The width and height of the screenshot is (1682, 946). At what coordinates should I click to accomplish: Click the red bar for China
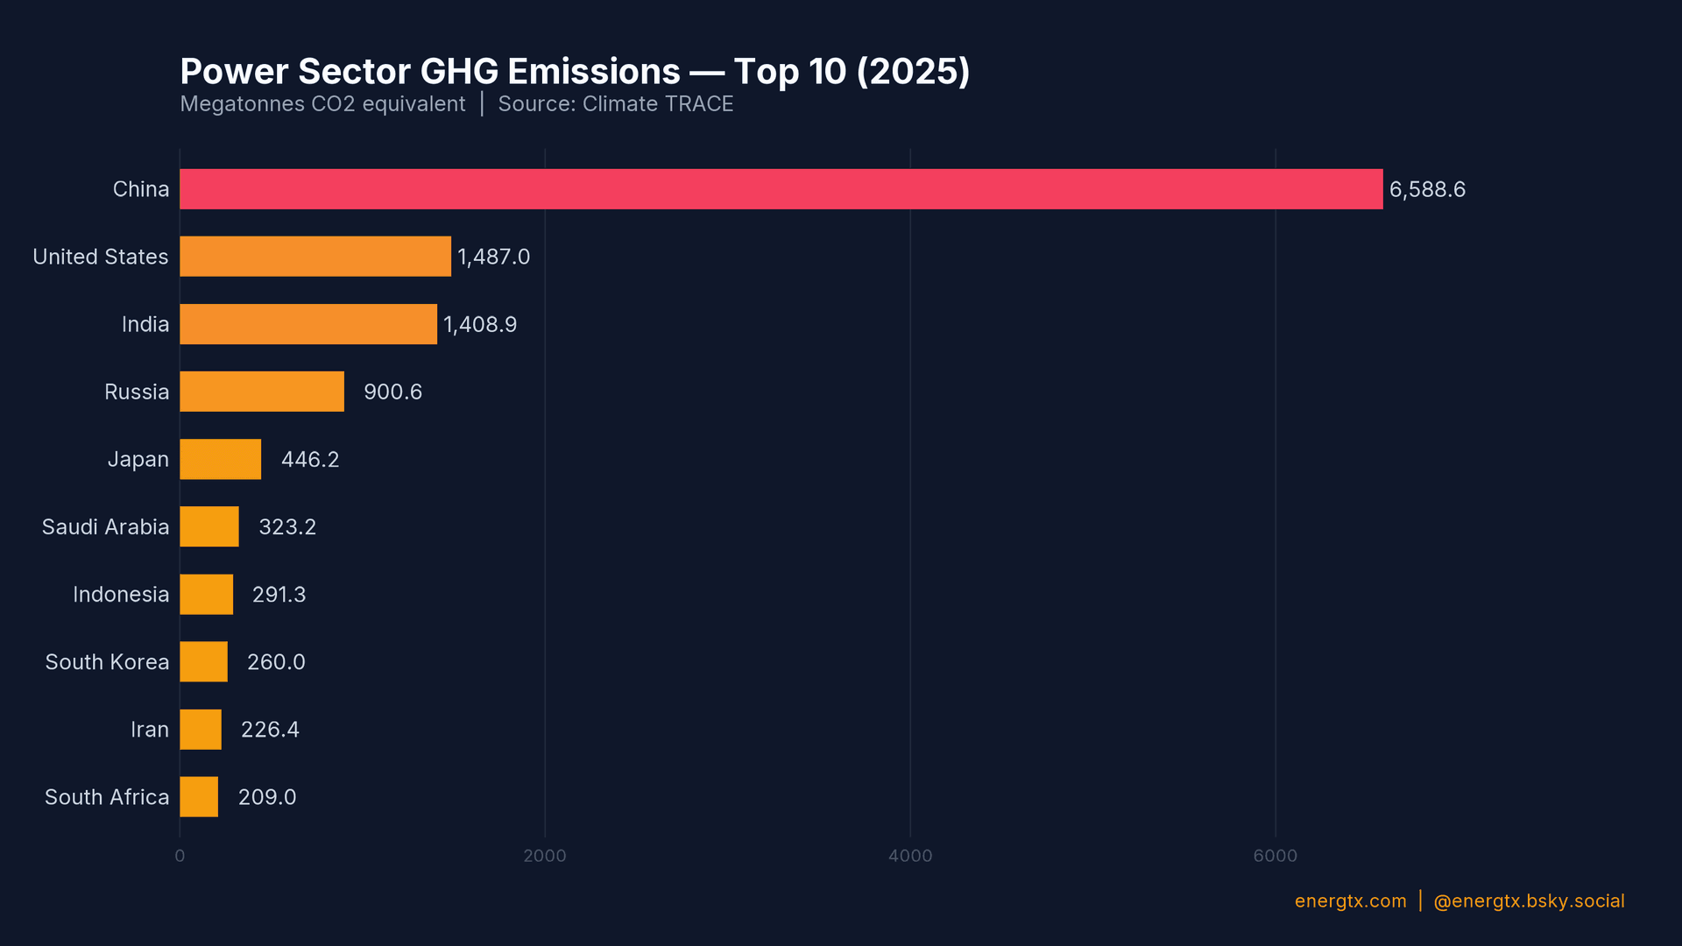click(x=781, y=189)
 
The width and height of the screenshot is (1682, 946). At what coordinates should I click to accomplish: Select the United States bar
click(x=315, y=257)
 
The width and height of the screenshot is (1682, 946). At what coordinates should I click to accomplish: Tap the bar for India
click(x=308, y=324)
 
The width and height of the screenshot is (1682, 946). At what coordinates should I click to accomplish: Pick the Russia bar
click(x=262, y=392)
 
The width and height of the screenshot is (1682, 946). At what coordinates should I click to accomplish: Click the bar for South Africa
click(x=199, y=797)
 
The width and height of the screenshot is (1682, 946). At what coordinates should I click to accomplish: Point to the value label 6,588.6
click(x=1427, y=189)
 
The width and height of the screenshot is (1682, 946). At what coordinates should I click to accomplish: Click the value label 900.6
click(x=392, y=392)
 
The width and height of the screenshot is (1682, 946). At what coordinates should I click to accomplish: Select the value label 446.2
click(x=310, y=459)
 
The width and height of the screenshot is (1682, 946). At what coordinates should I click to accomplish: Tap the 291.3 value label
click(x=279, y=595)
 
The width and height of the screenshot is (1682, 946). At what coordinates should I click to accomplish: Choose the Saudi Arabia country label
click(x=105, y=526)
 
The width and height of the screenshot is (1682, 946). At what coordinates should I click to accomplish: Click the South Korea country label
click(x=107, y=662)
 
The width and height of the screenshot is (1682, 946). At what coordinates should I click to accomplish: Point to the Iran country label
click(x=150, y=730)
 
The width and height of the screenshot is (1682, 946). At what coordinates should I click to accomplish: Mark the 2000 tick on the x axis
click(x=545, y=856)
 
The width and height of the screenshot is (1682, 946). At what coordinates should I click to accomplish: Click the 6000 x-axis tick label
click(x=1275, y=856)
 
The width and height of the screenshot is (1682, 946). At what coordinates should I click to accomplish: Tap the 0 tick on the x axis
click(x=180, y=856)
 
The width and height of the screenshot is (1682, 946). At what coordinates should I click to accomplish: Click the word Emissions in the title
click(x=594, y=72)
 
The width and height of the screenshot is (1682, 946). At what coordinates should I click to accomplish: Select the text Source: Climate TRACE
click(x=615, y=104)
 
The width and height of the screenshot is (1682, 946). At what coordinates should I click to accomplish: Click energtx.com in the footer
click(x=1350, y=901)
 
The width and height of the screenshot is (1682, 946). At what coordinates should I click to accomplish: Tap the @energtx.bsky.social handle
click(x=1529, y=901)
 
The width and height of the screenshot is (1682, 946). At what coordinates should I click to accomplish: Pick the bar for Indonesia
click(x=207, y=595)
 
